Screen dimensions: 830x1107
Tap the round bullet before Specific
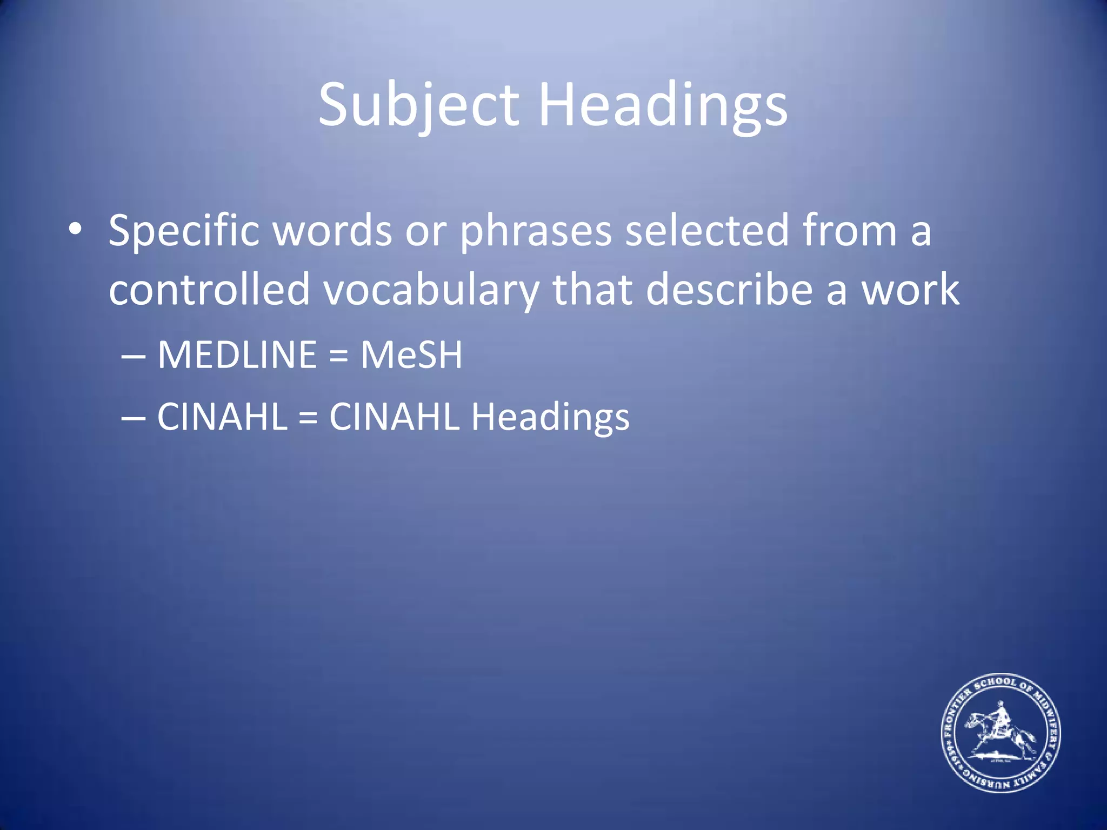pyautogui.click(x=75, y=229)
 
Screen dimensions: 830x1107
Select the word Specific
pyautogui.click(x=184, y=231)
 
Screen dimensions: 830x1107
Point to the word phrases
pyautogui.click(x=536, y=231)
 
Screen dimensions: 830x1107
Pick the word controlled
pyautogui.click(x=209, y=289)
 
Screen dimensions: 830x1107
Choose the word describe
pyautogui.click(x=729, y=289)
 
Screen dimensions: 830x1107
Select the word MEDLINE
pyautogui.click(x=237, y=355)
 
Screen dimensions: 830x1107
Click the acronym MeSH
pyautogui.click(x=411, y=355)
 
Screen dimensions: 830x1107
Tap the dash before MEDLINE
pyautogui.click(x=133, y=357)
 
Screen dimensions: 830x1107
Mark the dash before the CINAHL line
pyautogui.click(x=133, y=419)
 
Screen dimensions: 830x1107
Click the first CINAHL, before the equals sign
pyautogui.click(x=222, y=417)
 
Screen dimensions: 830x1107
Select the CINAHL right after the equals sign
pyautogui.click(x=394, y=417)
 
